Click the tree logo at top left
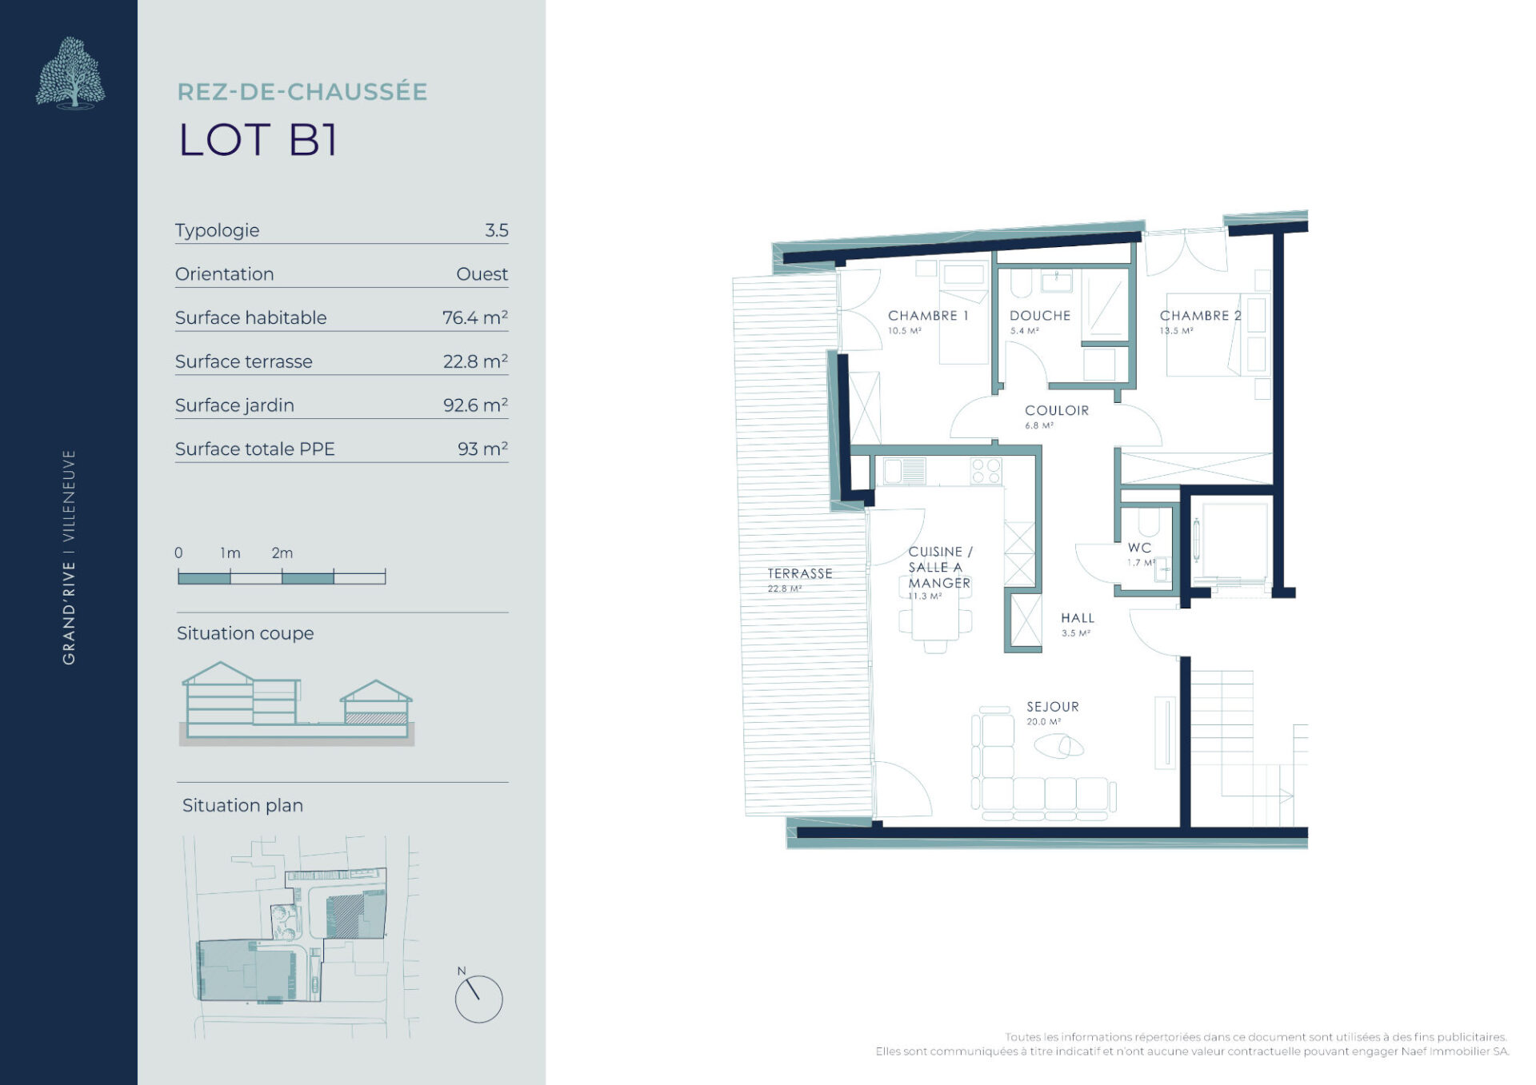point(70,72)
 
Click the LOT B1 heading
point(258,140)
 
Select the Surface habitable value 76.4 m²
point(475,317)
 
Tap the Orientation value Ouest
point(482,273)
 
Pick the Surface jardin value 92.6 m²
point(476,405)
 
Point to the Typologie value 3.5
point(497,230)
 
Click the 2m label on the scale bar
point(282,552)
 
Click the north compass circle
point(478,999)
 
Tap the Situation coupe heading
point(245,633)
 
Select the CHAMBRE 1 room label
point(928,316)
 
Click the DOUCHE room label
point(1040,316)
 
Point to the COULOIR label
point(1057,410)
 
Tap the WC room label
point(1140,548)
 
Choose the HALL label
point(1078,618)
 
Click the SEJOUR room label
point(1053,707)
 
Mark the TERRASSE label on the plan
point(800,573)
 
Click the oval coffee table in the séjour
point(1058,746)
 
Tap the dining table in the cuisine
point(935,621)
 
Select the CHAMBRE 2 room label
point(1201,316)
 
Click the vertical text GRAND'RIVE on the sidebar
point(70,612)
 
